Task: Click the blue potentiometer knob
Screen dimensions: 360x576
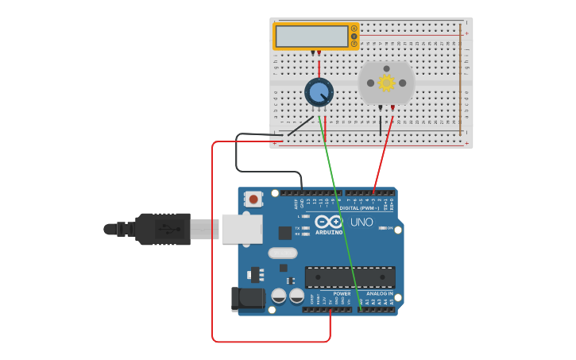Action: click(x=319, y=93)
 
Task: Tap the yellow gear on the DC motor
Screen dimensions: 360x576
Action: click(x=386, y=83)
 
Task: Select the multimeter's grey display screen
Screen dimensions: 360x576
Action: click(x=311, y=37)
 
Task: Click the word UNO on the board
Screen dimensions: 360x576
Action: click(x=361, y=223)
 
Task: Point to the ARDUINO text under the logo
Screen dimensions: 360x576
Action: click(x=329, y=232)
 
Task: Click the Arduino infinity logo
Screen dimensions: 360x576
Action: click(x=328, y=222)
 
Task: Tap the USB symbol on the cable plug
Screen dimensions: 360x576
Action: click(x=163, y=228)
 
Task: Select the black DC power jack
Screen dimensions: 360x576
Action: click(x=247, y=299)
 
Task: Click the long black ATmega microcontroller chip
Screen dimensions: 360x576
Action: click(x=350, y=277)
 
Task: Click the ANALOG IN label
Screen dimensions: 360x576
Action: click(x=378, y=293)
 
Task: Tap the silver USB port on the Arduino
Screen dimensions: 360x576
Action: click(x=241, y=229)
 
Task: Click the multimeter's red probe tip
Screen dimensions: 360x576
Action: click(x=319, y=53)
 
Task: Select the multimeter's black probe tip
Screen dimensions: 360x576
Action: click(x=312, y=53)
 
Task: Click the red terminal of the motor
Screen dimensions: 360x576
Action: click(x=392, y=107)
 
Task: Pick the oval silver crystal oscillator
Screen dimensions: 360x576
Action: click(x=282, y=254)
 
